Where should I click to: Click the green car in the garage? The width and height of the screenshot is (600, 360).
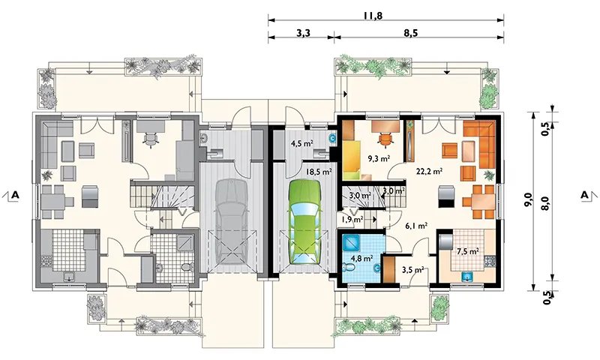(x=304, y=221)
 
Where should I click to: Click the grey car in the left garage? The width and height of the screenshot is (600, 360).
(x=232, y=221)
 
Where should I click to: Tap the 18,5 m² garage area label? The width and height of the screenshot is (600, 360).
(x=318, y=172)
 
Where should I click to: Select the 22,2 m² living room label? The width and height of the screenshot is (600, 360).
(x=429, y=171)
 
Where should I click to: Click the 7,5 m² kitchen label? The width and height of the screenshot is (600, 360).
(x=468, y=251)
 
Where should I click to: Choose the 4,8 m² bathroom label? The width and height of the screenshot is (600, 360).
(x=361, y=258)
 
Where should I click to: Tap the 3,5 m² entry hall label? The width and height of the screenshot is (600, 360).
(x=412, y=269)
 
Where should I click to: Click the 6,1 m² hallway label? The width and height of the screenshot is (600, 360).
(x=416, y=226)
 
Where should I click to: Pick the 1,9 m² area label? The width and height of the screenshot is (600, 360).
(x=352, y=219)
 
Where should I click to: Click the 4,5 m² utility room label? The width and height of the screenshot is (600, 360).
(x=302, y=144)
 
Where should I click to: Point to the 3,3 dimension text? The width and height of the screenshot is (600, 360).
(x=303, y=33)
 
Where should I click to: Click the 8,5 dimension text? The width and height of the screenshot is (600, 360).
(x=410, y=33)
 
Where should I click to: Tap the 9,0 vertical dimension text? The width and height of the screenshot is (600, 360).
(x=528, y=200)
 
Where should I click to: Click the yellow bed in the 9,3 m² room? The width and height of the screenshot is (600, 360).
(x=352, y=160)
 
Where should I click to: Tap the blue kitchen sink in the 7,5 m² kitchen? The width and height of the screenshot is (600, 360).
(x=466, y=275)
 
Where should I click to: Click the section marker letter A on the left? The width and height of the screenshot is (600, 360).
(x=14, y=195)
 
